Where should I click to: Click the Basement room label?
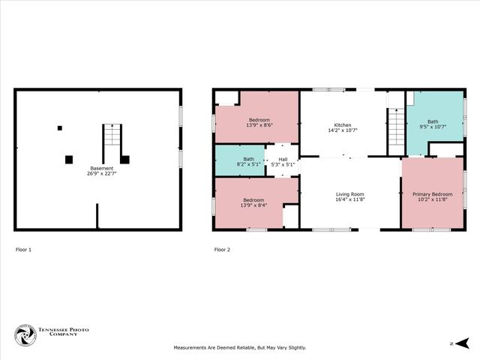click(102, 168)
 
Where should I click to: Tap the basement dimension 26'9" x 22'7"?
click(102, 174)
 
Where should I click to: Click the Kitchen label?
click(343, 124)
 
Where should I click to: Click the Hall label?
click(283, 159)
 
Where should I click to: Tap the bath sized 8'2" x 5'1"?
click(248, 161)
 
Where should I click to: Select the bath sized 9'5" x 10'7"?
click(433, 124)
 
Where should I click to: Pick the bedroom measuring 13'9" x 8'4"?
click(253, 202)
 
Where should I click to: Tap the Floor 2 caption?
click(222, 249)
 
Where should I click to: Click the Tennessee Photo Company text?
click(58, 335)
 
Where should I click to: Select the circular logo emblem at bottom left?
click(25, 335)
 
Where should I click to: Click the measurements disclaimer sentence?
click(240, 347)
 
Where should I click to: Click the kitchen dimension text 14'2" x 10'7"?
click(343, 130)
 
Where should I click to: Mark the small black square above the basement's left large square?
click(60, 128)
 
